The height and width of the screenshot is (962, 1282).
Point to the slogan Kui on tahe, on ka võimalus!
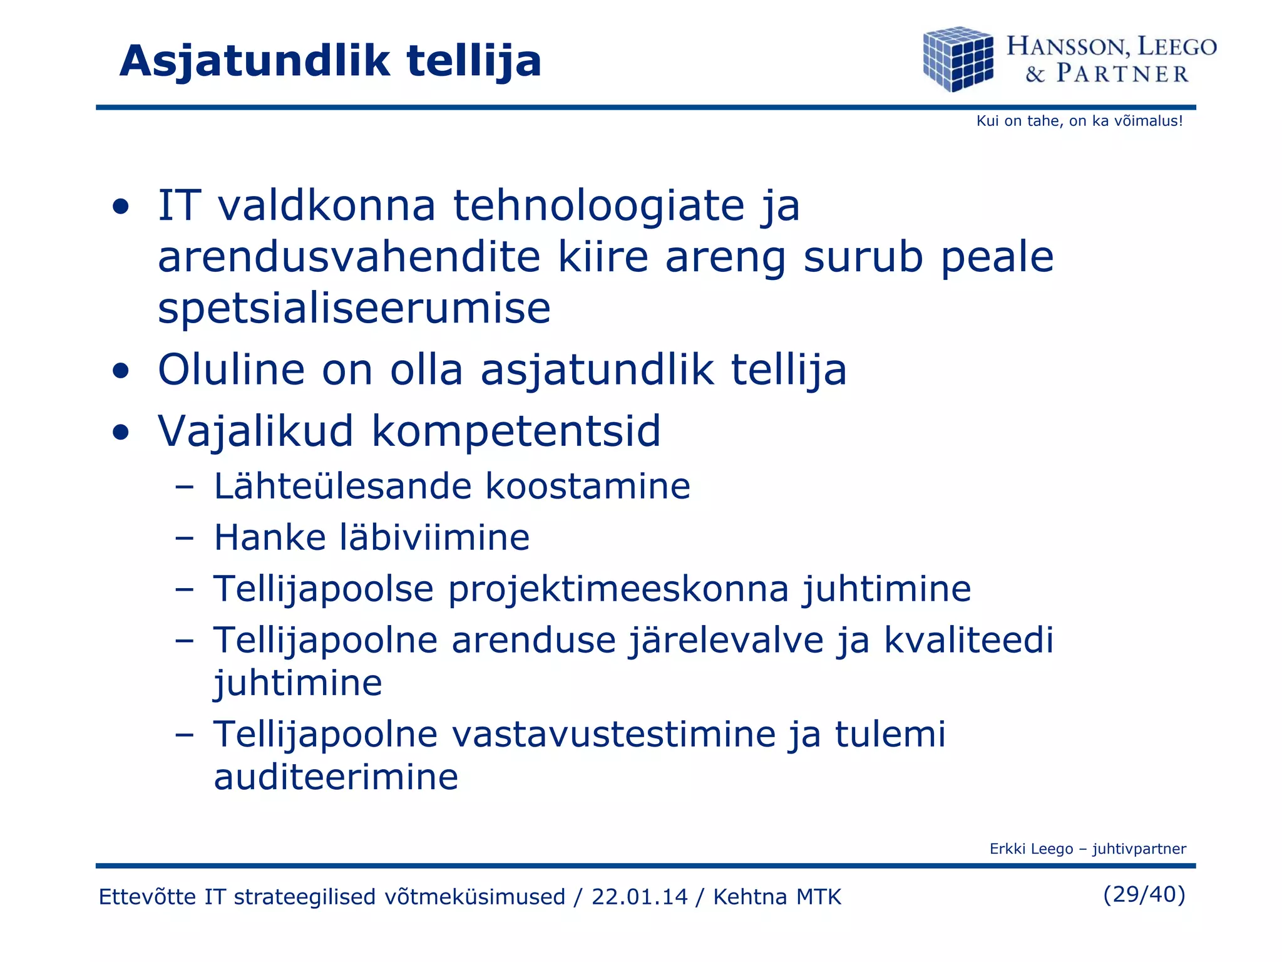click(x=1079, y=121)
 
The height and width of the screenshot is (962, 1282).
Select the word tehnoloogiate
click(x=598, y=207)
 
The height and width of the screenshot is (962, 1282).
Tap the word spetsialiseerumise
click(x=354, y=308)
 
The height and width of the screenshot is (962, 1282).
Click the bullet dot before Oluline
click(x=121, y=370)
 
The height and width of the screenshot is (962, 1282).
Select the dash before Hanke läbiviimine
click(x=184, y=538)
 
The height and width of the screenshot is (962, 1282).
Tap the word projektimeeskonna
click(x=617, y=589)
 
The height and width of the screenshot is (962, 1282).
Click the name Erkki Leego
click(x=1031, y=849)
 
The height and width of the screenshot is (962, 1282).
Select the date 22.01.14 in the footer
click(x=639, y=897)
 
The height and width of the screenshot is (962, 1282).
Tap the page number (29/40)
click(x=1144, y=894)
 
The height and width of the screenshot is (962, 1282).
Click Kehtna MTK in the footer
click(x=777, y=897)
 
